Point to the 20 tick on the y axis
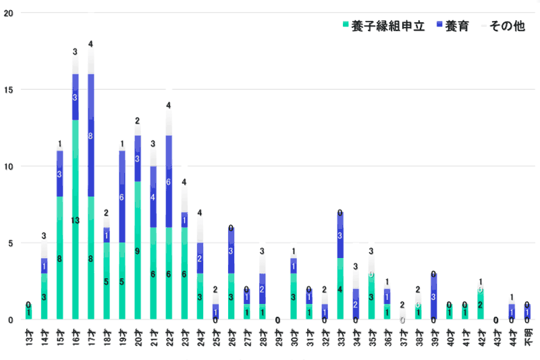[x=6, y=14]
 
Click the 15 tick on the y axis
[x=6, y=90]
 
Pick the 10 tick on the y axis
[x=6, y=167]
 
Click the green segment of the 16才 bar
[x=75, y=220]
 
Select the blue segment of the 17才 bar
[x=90, y=135]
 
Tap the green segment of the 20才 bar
[x=138, y=250]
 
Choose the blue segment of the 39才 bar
[x=433, y=297]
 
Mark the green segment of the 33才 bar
[x=340, y=288]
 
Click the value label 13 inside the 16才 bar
[x=75, y=221]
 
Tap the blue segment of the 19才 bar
[x=122, y=197]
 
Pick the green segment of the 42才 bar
[x=481, y=304]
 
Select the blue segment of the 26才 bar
[x=231, y=251]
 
